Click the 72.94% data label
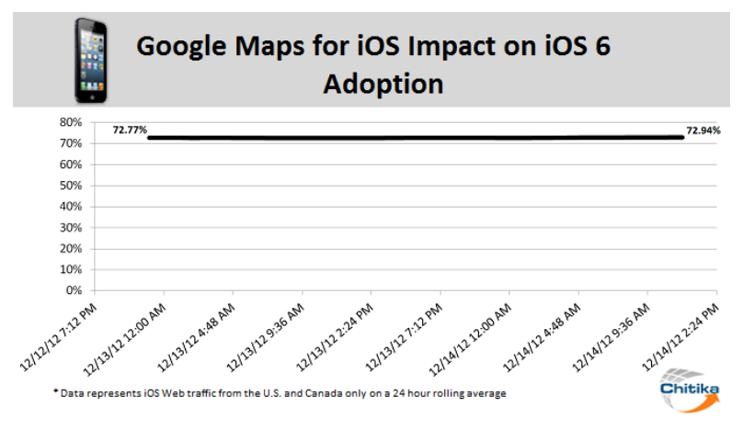[x=703, y=130]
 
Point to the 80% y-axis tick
[x=71, y=122]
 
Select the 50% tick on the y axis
[x=71, y=186]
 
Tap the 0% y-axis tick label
[x=74, y=290]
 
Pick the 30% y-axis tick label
[x=71, y=227]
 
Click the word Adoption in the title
[x=383, y=84]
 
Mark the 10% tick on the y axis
[x=71, y=269]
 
